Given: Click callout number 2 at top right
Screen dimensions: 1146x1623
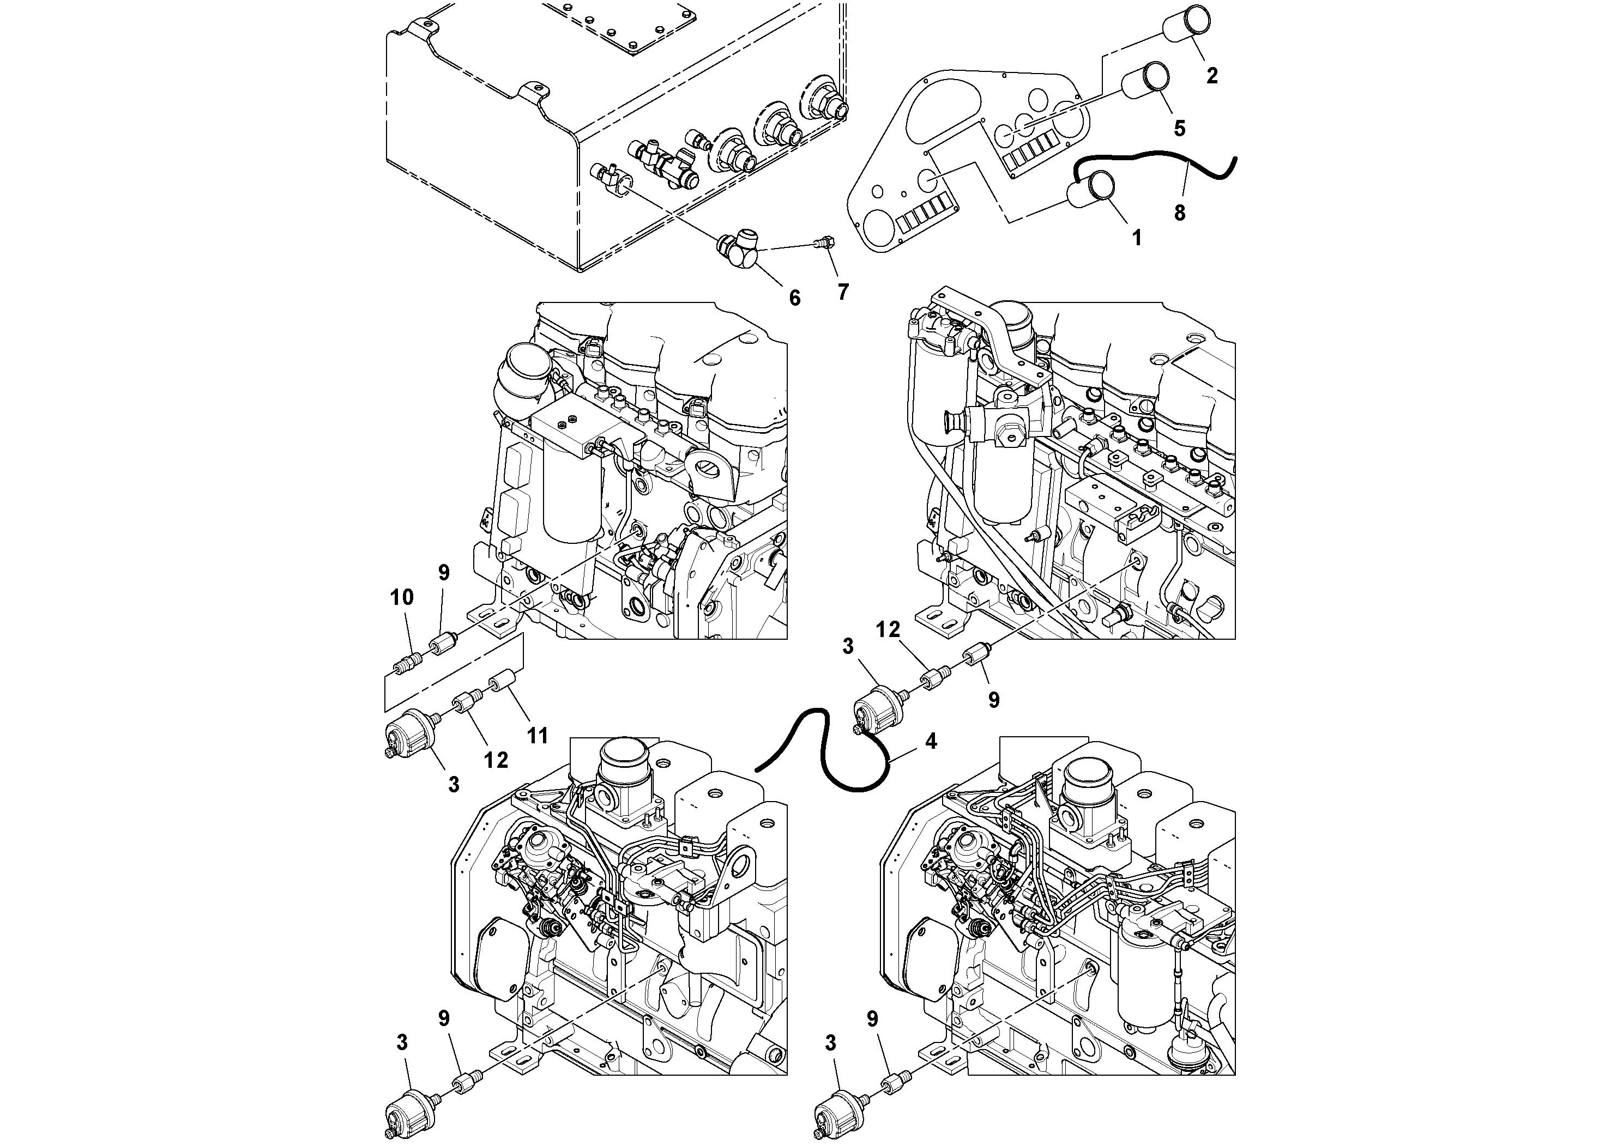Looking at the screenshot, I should point(1211,76).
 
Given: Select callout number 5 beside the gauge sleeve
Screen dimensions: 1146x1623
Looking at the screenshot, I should point(1180,129).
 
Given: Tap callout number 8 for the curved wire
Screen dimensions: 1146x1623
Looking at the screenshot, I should point(1179,212).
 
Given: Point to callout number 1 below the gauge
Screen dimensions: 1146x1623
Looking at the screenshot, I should point(1137,239).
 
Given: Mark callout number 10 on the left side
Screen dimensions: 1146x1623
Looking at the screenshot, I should point(401,598).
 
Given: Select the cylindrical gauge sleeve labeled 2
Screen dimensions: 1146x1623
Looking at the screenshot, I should point(1187,23).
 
